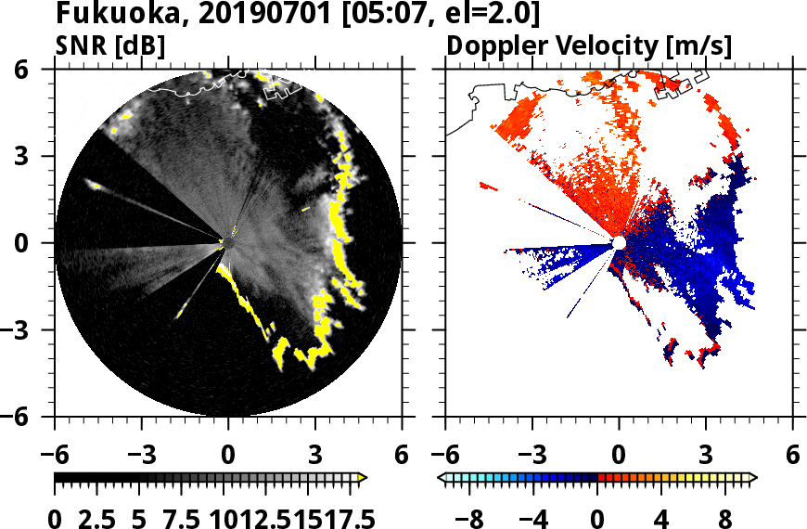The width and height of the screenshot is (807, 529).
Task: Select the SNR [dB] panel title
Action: (x=111, y=45)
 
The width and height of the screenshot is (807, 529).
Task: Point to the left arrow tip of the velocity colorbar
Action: (x=442, y=478)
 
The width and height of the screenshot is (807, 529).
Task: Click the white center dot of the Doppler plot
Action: (x=618, y=243)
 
